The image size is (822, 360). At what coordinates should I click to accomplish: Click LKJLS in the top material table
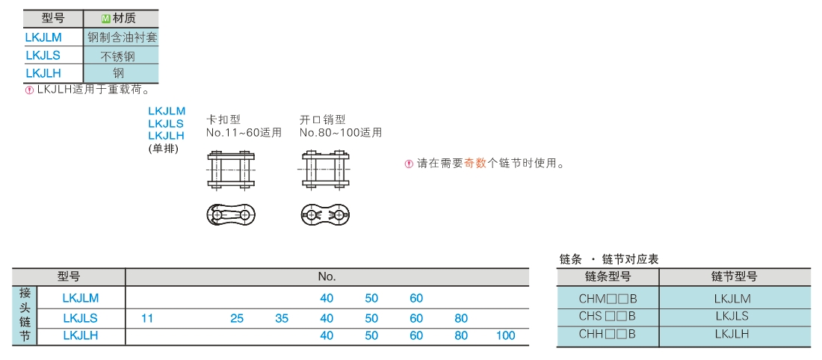43,55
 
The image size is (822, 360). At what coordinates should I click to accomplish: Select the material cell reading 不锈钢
117,55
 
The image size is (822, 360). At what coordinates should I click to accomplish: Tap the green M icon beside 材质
105,19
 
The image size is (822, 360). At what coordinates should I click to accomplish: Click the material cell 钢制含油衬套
122,37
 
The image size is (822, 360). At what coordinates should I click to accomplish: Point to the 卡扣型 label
223,120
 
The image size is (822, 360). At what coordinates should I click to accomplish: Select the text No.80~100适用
341,133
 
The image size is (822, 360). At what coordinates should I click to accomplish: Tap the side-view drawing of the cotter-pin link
325,215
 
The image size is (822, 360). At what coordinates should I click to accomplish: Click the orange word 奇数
475,164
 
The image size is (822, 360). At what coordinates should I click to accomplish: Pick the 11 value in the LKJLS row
147,318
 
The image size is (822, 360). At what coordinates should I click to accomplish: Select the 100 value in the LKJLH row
505,335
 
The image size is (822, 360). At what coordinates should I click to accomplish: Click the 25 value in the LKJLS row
237,318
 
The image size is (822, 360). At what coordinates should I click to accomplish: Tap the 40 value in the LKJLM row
327,298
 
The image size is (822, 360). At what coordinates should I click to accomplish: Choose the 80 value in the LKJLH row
461,335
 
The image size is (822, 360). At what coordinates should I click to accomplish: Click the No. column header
327,276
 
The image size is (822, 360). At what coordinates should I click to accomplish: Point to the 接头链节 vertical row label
24,315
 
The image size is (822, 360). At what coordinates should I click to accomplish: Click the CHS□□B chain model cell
607,316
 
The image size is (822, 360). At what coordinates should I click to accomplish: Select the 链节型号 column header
734,276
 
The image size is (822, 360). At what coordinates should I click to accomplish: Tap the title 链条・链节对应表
609,259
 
